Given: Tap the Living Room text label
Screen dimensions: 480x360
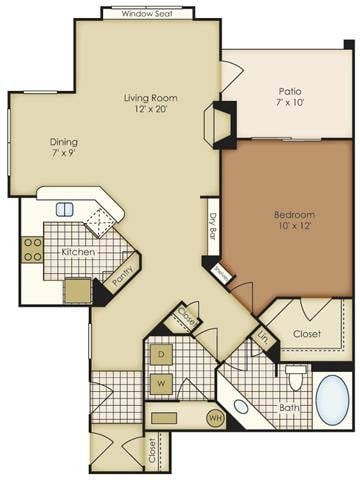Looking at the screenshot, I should (x=150, y=97).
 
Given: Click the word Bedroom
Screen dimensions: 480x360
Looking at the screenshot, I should (x=295, y=214).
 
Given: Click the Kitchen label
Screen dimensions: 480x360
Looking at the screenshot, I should (x=78, y=251).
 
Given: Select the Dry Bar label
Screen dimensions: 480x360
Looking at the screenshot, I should (x=212, y=230).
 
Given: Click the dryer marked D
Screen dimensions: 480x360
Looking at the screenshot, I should (x=160, y=354).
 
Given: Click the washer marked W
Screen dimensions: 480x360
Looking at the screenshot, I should (x=160, y=382).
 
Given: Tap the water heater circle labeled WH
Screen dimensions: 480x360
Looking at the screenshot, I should (x=213, y=417).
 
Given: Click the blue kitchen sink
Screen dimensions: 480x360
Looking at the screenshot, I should (x=65, y=209).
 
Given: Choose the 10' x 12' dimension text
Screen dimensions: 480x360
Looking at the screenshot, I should (x=295, y=227).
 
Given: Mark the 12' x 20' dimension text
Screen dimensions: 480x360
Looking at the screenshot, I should (x=150, y=110).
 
